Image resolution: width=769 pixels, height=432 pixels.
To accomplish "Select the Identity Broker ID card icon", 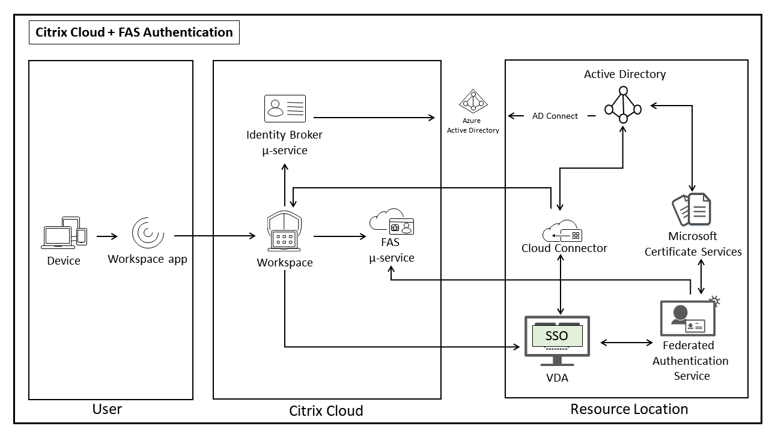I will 285,109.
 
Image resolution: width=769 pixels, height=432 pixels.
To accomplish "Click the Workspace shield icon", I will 284,232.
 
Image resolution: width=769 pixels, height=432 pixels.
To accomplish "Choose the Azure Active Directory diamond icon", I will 473,101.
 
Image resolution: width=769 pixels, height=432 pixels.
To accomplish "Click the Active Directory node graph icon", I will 623,105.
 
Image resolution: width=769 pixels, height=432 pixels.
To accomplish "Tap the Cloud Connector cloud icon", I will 562,232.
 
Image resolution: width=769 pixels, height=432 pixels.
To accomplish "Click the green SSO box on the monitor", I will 556,336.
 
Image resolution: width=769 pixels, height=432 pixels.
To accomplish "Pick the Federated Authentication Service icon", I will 688,317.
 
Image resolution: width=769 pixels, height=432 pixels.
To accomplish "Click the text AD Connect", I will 555,116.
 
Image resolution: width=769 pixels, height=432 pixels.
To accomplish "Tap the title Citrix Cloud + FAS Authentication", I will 135,32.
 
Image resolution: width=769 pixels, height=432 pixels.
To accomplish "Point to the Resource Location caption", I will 629,409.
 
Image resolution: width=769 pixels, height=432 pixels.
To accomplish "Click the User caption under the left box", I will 107,409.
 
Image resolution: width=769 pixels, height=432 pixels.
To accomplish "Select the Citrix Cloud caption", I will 326,411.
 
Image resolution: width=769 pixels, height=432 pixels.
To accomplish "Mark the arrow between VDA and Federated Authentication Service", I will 627,343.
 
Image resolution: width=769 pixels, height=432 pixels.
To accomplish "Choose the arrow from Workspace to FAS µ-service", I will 339,236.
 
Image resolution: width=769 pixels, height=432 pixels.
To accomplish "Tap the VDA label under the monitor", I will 557,377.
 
